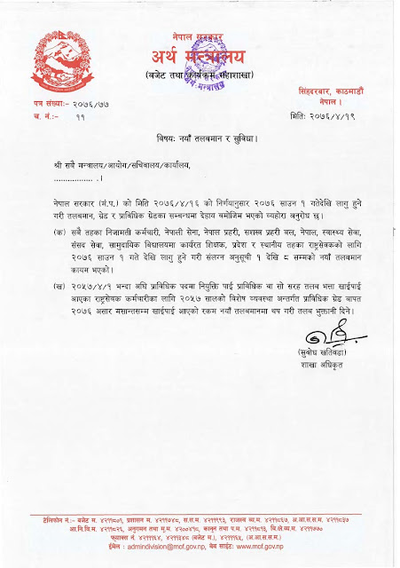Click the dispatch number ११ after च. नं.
pos(81,116)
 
